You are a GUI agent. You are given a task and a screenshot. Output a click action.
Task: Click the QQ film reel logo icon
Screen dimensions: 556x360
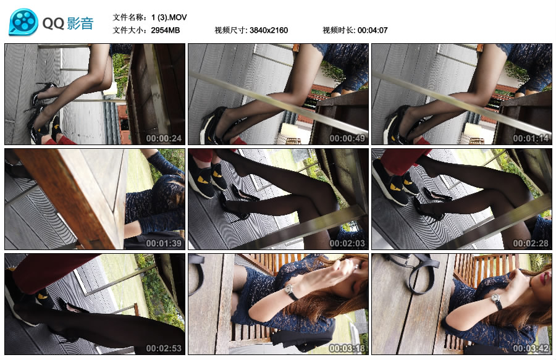pyautogui.click(x=23, y=22)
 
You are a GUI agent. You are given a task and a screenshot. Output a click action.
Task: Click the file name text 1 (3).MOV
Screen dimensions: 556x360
pyautogui.click(x=169, y=17)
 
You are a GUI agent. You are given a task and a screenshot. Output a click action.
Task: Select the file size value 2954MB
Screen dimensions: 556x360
pyautogui.click(x=165, y=30)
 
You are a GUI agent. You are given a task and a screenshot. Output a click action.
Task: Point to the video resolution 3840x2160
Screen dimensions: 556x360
pyautogui.click(x=269, y=30)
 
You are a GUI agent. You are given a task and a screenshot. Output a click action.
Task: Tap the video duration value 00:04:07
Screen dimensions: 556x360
pyautogui.click(x=373, y=30)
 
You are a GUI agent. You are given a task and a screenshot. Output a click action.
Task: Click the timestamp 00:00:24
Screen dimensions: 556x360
pyautogui.click(x=164, y=138)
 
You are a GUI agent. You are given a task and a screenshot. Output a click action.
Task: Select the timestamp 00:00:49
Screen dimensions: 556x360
pyautogui.click(x=347, y=138)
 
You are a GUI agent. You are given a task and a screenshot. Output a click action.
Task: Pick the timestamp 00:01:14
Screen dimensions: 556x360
pyautogui.click(x=531, y=138)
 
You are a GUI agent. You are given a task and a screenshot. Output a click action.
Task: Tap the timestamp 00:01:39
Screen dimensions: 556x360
pyautogui.click(x=164, y=243)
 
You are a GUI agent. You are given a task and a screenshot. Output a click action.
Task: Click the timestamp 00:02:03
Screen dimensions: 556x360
pyautogui.click(x=347, y=243)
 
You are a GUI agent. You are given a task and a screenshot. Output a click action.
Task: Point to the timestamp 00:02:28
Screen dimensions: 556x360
pyautogui.click(x=531, y=243)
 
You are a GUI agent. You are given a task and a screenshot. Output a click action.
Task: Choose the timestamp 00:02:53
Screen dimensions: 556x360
pyautogui.click(x=164, y=348)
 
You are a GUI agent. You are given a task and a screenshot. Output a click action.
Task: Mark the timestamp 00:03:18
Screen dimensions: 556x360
pyautogui.click(x=347, y=348)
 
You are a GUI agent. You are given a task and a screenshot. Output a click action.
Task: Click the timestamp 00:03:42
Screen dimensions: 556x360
pyautogui.click(x=531, y=348)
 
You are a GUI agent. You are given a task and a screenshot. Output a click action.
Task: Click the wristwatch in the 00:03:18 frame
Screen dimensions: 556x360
pyautogui.click(x=291, y=292)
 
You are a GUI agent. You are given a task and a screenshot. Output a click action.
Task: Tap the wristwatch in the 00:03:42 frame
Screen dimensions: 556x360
pyautogui.click(x=497, y=302)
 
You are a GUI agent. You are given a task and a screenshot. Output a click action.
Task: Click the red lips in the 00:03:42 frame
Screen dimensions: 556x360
pyautogui.click(x=544, y=278)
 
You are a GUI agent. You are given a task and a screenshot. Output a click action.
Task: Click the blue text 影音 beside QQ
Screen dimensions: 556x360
pyautogui.click(x=80, y=23)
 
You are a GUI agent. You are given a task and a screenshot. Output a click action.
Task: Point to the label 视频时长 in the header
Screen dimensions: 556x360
pyautogui.click(x=337, y=30)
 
